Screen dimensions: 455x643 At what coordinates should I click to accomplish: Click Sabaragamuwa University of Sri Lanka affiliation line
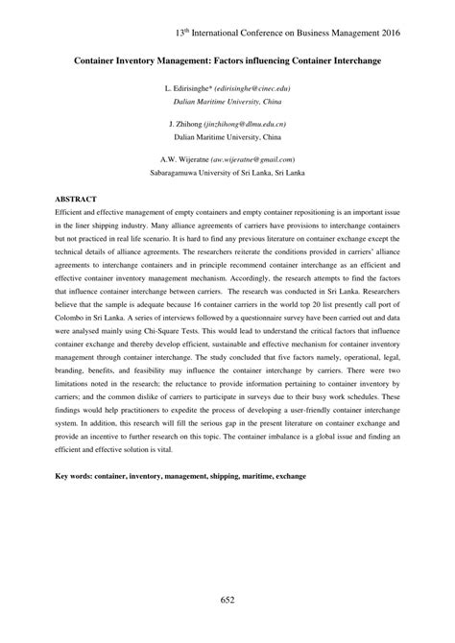coord(227,175)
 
